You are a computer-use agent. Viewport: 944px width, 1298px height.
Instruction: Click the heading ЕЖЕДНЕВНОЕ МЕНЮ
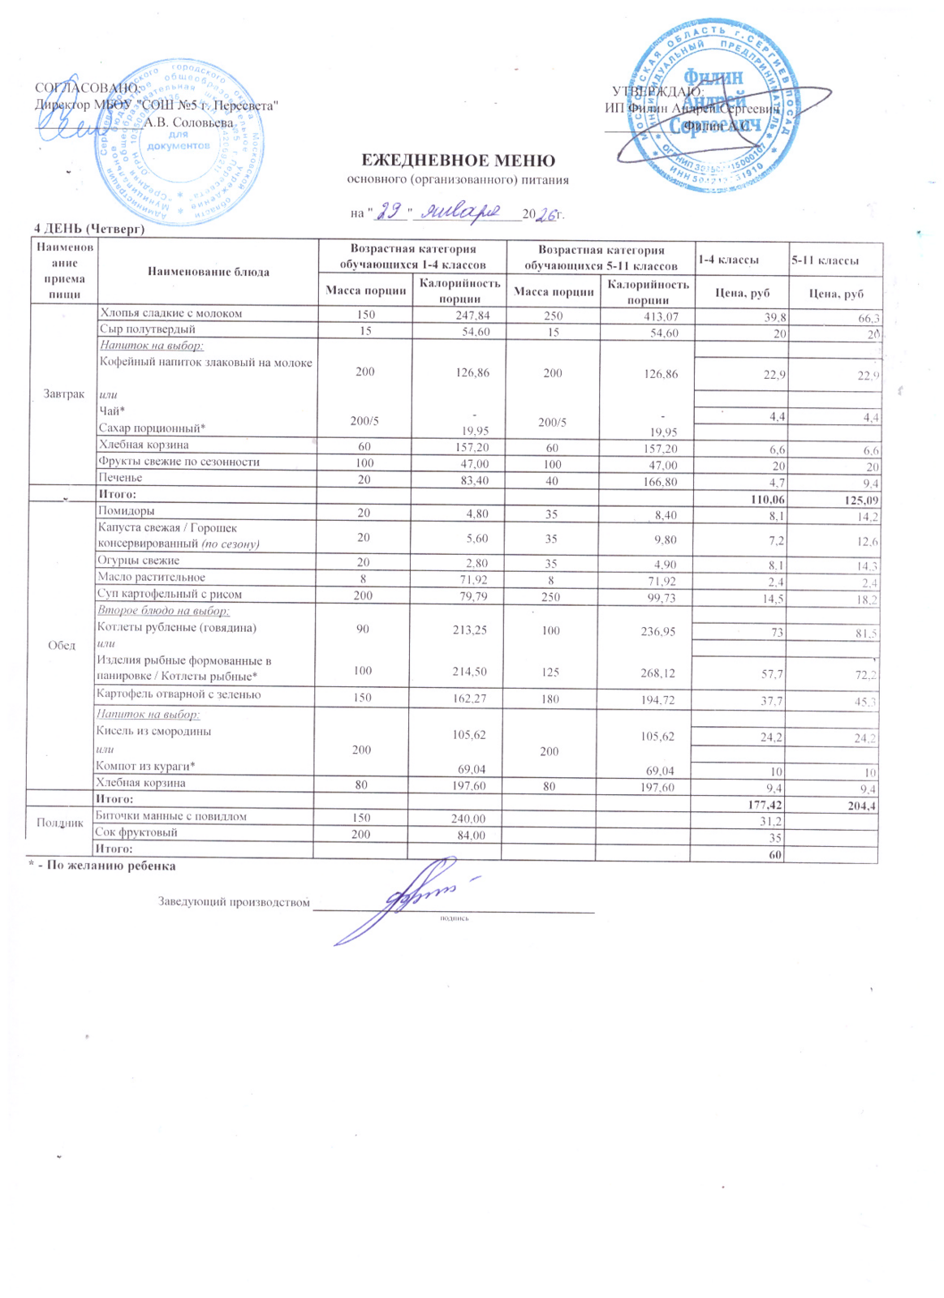(458, 161)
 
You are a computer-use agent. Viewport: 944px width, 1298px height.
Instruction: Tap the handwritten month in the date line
(464, 212)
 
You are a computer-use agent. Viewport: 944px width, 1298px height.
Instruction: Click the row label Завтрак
(63, 393)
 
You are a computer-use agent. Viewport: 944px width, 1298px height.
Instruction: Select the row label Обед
(62, 645)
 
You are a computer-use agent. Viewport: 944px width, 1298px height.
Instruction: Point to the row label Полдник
(60, 823)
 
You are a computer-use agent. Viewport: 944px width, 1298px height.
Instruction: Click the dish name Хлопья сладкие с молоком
(170, 313)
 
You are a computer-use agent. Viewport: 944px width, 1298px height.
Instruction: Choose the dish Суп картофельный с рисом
(170, 594)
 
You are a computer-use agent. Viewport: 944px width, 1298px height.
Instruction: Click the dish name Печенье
(120, 478)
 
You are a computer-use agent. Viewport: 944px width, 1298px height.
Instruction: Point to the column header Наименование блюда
(208, 272)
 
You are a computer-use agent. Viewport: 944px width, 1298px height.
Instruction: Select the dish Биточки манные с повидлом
(171, 816)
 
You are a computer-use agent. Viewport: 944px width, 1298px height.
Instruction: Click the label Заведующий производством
(234, 902)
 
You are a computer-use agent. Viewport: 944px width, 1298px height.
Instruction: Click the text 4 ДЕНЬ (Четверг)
(89, 229)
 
